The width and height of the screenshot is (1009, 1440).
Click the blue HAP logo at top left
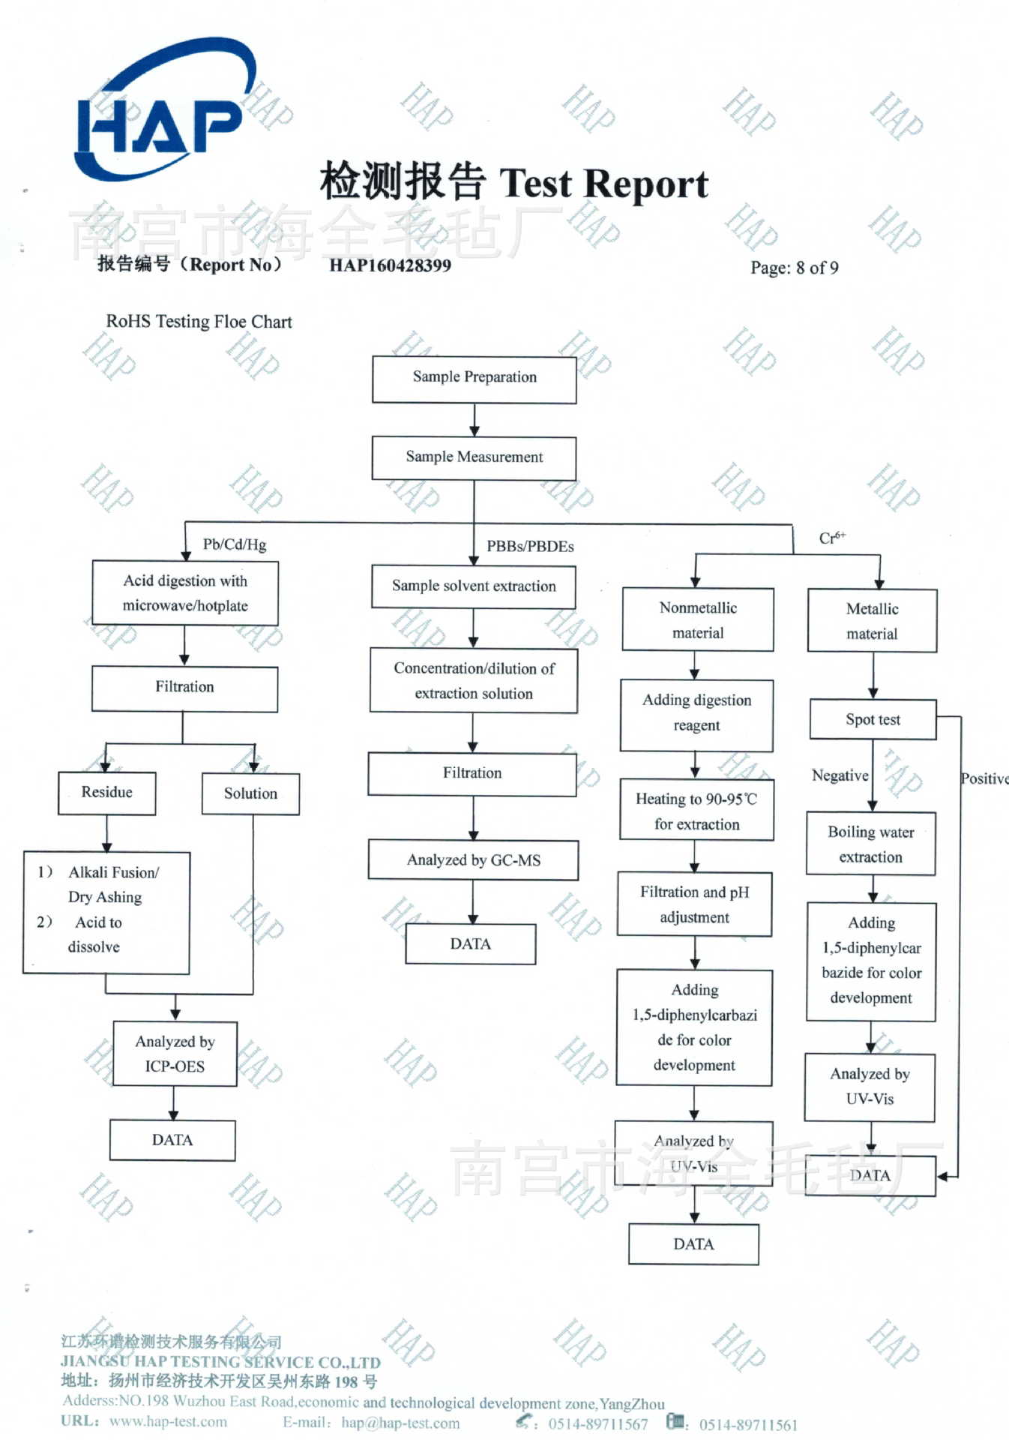(x=161, y=112)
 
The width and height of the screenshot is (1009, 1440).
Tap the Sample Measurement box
(x=474, y=457)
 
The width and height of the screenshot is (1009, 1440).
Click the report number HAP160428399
(x=390, y=265)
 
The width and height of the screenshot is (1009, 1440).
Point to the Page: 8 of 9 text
(x=794, y=268)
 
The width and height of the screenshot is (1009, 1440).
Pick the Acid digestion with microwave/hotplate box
(x=185, y=593)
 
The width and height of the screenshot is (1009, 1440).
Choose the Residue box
(x=107, y=793)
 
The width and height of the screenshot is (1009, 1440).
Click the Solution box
(x=250, y=793)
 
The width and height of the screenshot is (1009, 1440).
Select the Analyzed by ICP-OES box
(x=175, y=1054)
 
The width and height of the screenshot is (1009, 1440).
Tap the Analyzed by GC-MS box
(x=473, y=860)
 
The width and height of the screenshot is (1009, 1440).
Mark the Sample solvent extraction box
(x=474, y=586)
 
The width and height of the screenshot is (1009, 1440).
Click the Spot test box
(x=873, y=720)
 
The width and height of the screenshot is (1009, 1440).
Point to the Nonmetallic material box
(x=698, y=620)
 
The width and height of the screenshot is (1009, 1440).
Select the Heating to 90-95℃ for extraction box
(x=696, y=811)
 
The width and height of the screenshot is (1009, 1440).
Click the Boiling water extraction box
(x=870, y=844)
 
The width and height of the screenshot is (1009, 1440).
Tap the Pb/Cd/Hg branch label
(x=234, y=544)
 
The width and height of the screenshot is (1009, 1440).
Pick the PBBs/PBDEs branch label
(x=530, y=547)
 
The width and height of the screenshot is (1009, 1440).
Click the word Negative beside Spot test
(x=840, y=775)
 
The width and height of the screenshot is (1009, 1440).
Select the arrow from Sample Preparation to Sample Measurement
(x=474, y=420)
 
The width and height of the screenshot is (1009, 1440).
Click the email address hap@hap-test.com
(x=400, y=1423)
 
